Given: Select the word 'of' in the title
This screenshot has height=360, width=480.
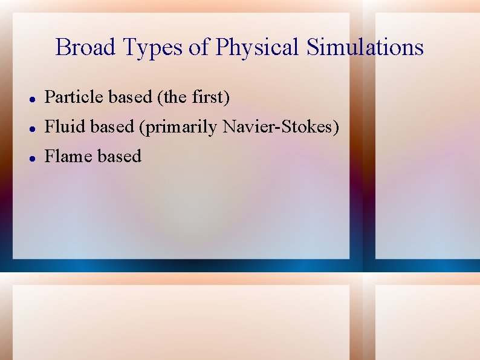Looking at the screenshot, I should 199,47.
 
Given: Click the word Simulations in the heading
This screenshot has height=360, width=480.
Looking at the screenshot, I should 365,47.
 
